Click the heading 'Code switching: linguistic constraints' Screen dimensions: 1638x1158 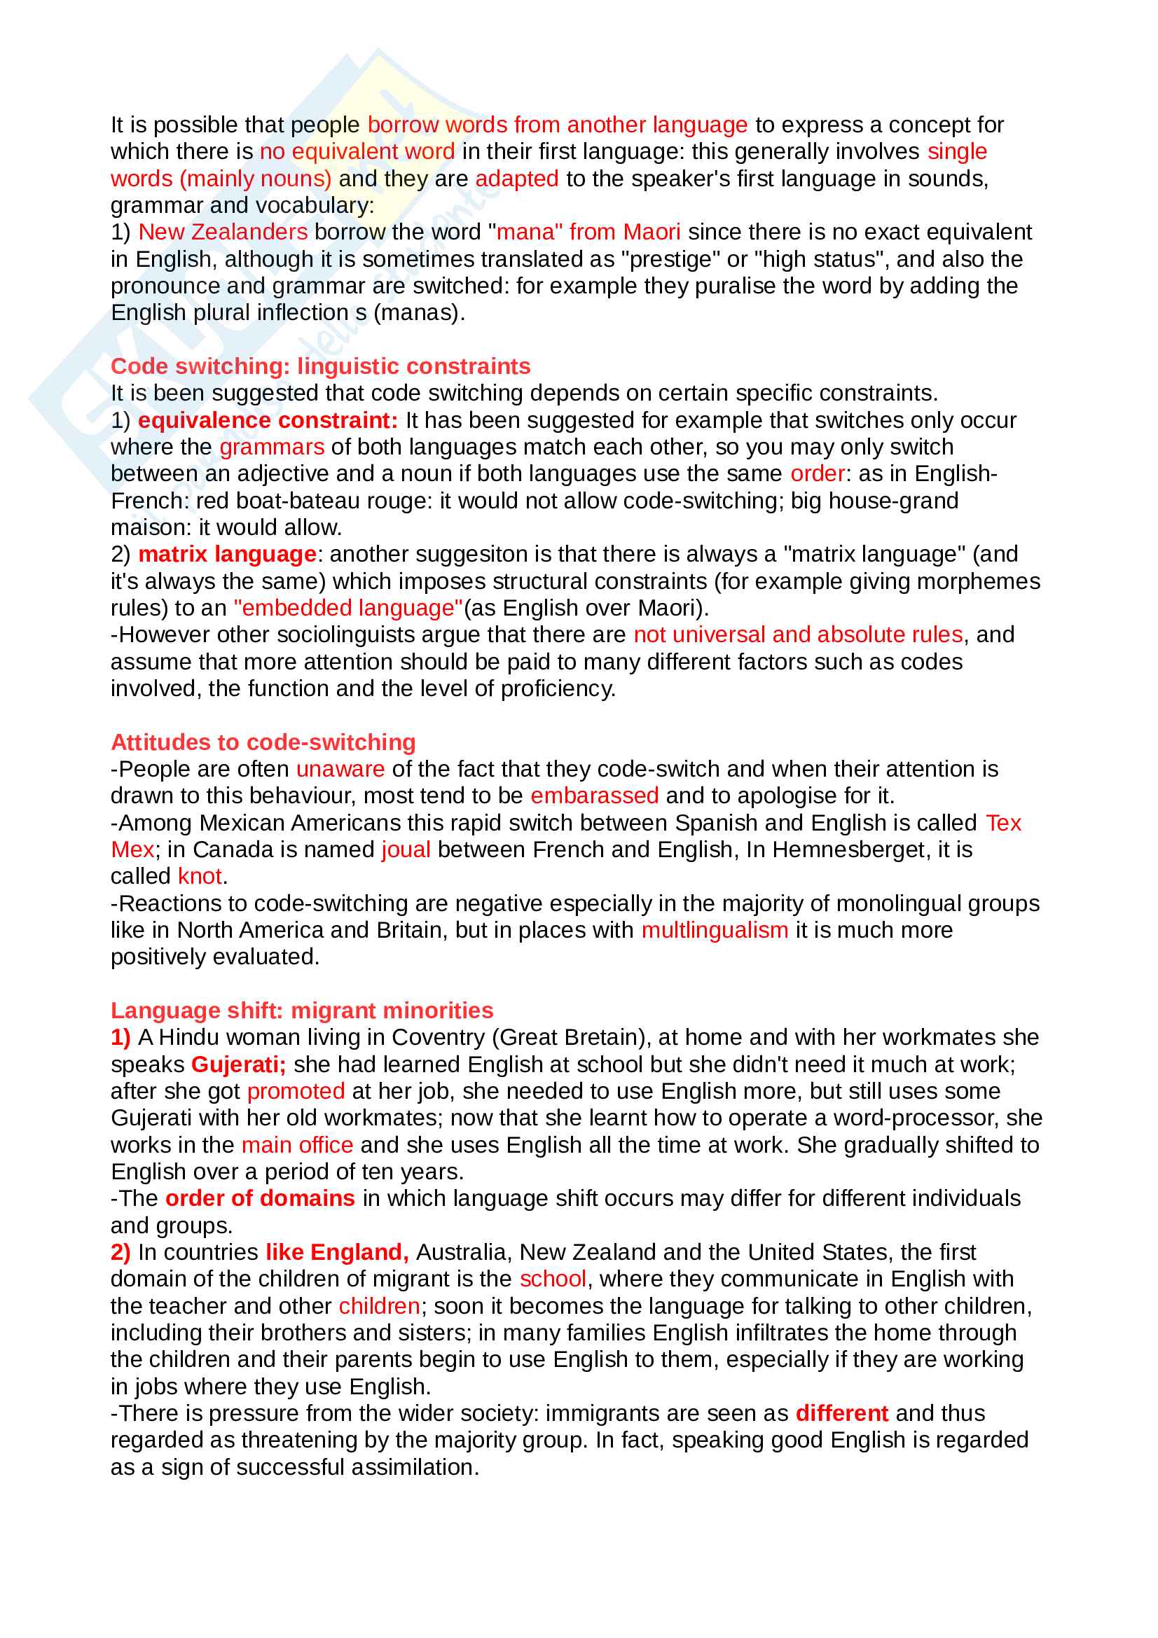pyautogui.click(x=320, y=366)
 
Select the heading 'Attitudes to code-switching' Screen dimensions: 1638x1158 pyautogui.click(x=263, y=742)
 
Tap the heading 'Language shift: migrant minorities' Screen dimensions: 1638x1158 pyautogui.click(x=302, y=1011)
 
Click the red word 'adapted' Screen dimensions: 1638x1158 pyautogui.click(x=516, y=179)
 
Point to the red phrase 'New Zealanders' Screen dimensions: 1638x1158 pyautogui.click(x=223, y=232)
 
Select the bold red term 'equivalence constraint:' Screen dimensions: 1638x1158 pyautogui.click(x=268, y=420)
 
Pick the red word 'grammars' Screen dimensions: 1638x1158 pyautogui.click(x=272, y=447)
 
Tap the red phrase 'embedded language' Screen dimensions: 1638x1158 pyautogui.click(x=348, y=608)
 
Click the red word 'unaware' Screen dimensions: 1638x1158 pyautogui.click(x=340, y=769)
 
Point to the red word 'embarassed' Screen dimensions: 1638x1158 pyautogui.click(x=594, y=796)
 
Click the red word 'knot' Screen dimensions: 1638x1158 pyautogui.click(x=200, y=876)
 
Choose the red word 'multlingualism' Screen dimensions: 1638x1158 pyautogui.click(x=715, y=930)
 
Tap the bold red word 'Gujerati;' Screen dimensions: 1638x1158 pyautogui.click(x=238, y=1064)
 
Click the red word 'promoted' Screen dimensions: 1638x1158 pyautogui.click(x=296, y=1091)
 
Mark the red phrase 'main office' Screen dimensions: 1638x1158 pyautogui.click(x=298, y=1145)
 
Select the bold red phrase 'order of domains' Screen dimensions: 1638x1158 pyautogui.click(x=260, y=1198)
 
